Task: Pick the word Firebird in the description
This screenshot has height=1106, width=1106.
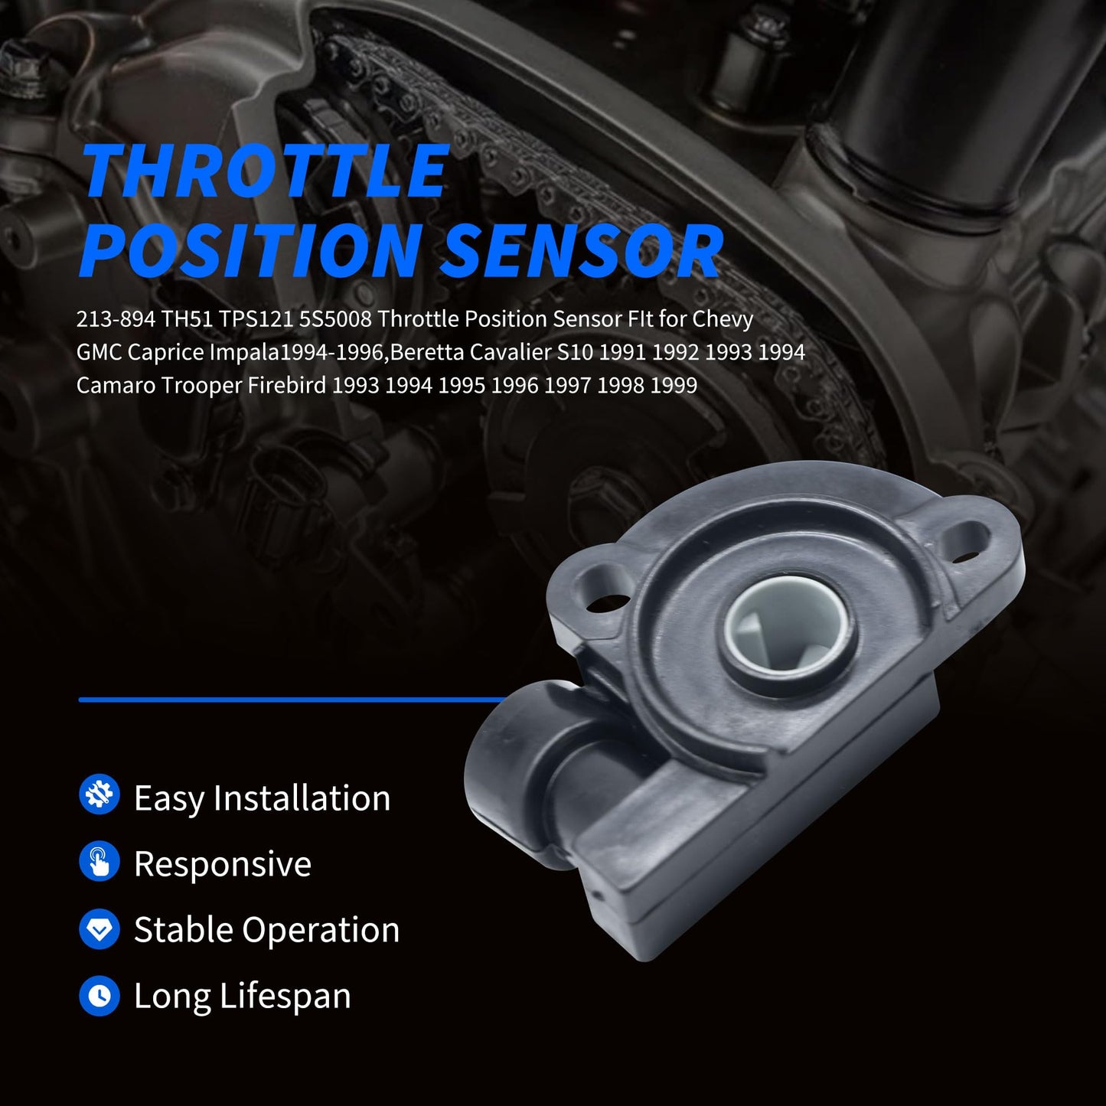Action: (x=287, y=385)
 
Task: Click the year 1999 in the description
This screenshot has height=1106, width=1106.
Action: (x=674, y=385)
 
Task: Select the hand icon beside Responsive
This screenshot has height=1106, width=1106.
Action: (x=100, y=861)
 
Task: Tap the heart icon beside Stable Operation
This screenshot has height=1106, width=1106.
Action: (x=100, y=929)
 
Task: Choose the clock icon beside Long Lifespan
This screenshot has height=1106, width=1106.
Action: (x=100, y=996)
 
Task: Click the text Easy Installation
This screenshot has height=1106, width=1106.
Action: (x=262, y=798)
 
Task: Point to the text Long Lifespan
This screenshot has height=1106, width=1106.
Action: (x=242, y=997)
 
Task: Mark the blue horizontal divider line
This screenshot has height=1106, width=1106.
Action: (x=291, y=700)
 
